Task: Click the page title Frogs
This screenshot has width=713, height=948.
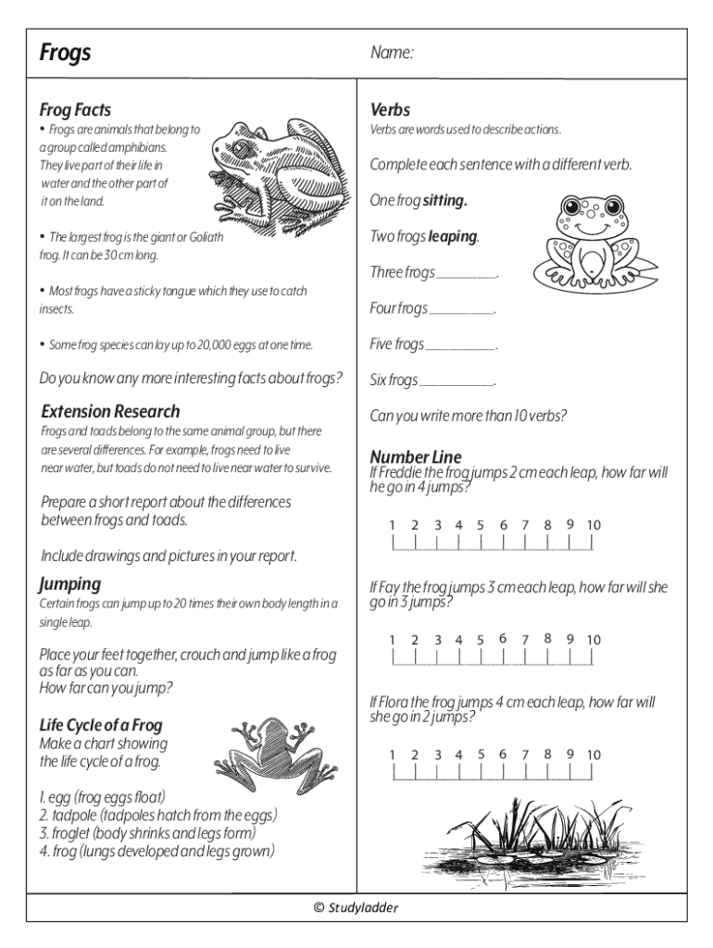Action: [66, 53]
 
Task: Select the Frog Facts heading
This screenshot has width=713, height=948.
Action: [75, 110]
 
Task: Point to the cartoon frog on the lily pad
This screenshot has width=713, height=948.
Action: [594, 240]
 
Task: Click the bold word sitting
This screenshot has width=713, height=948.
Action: [444, 200]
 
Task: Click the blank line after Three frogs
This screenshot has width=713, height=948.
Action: [467, 276]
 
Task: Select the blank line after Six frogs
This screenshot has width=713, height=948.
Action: [457, 383]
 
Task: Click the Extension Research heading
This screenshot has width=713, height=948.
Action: [110, 411]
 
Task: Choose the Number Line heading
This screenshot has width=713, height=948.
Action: [415, 456]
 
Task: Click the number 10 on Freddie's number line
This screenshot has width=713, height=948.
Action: [594, 525]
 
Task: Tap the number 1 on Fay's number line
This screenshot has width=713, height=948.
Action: [393, 640]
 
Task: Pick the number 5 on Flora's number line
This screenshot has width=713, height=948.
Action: [482, 754]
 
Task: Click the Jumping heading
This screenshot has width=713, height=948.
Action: [70, 584]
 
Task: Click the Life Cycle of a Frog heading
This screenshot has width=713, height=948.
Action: [101, 725]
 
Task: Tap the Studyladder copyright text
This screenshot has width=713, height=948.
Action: [356, 907]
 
